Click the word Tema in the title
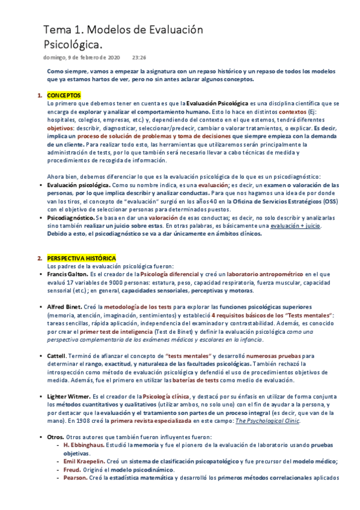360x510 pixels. click(57, 29)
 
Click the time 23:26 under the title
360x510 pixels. click(138, 58)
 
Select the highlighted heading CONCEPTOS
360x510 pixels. click(64, 96)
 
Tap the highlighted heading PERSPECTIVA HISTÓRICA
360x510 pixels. click(82, 258)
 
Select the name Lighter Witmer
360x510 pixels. click(69, 397)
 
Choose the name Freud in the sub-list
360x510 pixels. click(73, 470)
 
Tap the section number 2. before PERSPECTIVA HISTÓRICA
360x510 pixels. click(40, 258)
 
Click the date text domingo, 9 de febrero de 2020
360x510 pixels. click(82, 58)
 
